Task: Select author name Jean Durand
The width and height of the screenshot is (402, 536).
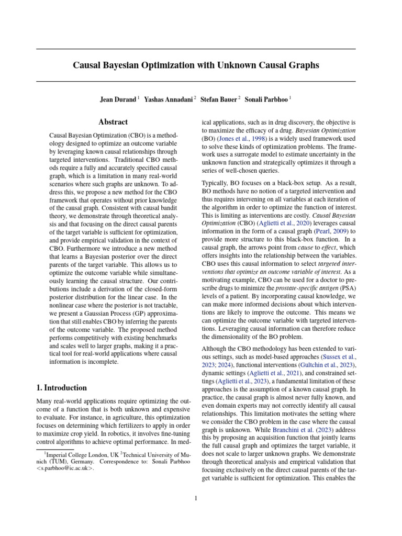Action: pyautogui.click(x=118, y=99)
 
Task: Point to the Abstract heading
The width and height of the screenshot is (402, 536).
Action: pyautogui.click(x=114, y=122)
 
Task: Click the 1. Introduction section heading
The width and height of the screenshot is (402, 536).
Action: pyautogui.click(x=61, y=388)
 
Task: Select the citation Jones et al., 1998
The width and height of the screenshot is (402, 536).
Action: pyautogui.click(x=239, y=139)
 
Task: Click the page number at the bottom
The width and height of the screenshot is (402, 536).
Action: pyautogui.click(x=196, y=499)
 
